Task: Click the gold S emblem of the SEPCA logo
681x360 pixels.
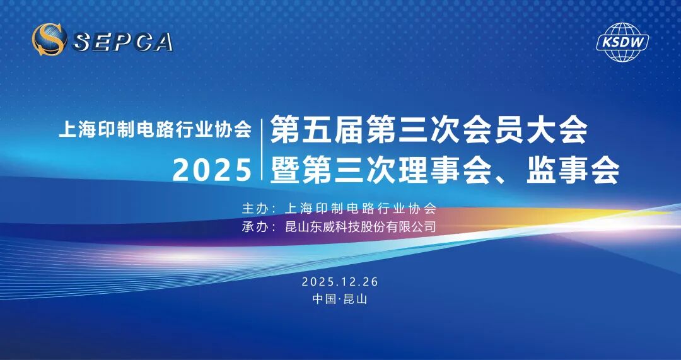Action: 49,39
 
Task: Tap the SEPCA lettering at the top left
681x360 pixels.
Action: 124,41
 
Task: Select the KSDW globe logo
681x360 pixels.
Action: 622,42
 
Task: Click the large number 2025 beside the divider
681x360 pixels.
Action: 212,170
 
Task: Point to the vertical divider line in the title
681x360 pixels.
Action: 262,149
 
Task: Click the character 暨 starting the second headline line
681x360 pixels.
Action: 285,170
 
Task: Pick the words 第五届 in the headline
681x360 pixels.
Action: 317,131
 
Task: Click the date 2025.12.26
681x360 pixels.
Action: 340,281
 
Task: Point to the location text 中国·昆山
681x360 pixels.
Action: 340,299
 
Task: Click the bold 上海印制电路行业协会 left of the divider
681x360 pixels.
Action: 155,130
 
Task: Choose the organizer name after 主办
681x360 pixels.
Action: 361,208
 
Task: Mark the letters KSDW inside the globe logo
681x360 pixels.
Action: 622,42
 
